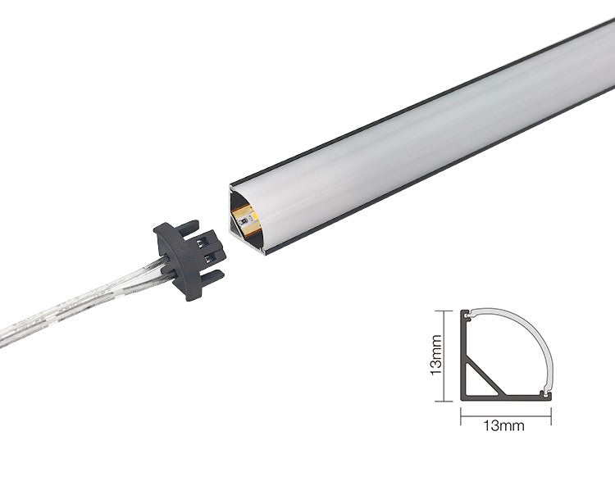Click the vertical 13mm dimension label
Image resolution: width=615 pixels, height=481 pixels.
(x=435, y=355)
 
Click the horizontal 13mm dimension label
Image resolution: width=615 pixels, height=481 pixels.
(x=503, y=425)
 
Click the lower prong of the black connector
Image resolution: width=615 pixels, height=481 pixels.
(x=212, y=278)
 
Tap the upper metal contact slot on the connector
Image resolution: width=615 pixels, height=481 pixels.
(x=202, y=243)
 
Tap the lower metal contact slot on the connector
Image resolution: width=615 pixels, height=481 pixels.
(x=210, y=257)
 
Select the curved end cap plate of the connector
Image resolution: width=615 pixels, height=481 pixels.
(x=179, y=259)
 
